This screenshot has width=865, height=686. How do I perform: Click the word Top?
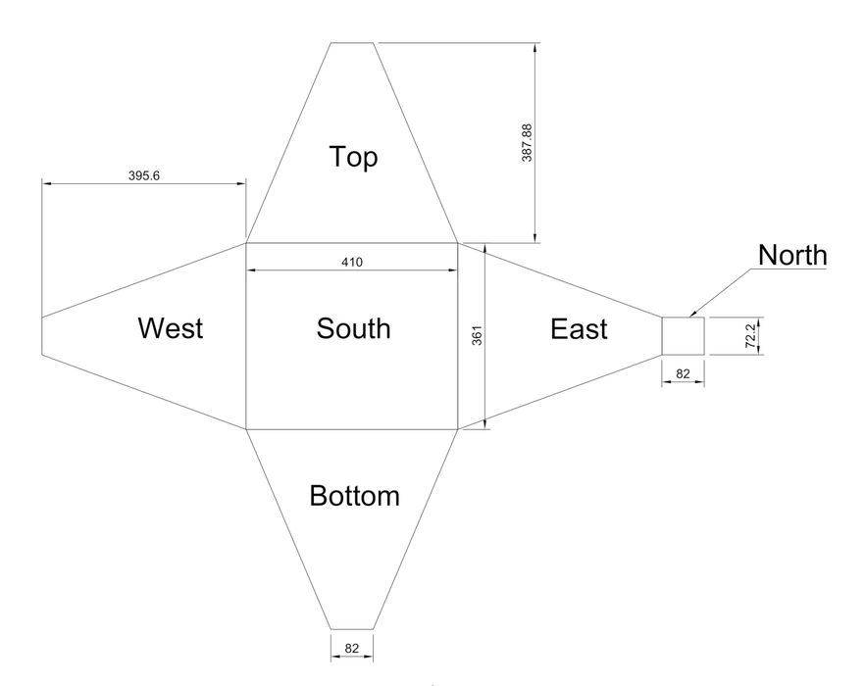tap(354, 157)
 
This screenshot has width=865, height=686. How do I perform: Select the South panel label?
tap(354, 328)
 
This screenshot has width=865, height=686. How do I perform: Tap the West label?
tap(171, 328)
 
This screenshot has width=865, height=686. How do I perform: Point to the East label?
tap(579, 329)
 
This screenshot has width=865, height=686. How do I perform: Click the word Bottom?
tap(354, 496)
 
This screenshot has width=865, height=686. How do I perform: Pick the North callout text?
tap(792, 256)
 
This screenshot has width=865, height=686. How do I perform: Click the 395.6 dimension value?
tap(144, 176)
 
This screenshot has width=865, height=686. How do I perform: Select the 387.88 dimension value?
tap(527, 143)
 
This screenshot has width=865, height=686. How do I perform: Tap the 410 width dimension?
tap(352, 263)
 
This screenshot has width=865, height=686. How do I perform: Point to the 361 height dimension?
tap(478, 336)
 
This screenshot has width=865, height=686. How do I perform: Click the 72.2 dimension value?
tap(750, 336)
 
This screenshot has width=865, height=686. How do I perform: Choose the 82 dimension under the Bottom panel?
tap(351, 649)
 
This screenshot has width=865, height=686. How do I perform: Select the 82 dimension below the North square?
tap(683, 374)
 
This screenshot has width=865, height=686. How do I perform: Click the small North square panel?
tap(683, 336)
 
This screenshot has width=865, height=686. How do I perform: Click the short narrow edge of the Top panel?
tap(352, 42)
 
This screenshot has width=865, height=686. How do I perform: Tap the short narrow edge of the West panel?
tap(42, 336)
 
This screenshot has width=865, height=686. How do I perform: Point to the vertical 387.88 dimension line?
tap(534, 143)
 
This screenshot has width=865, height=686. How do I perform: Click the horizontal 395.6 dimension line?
tap(144, 183)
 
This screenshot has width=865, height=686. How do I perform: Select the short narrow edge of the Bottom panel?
tap(352, 629)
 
